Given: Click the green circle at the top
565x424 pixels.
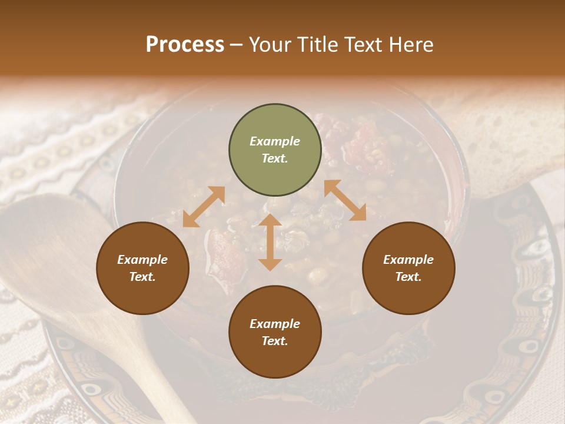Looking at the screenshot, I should [x=275, y=150].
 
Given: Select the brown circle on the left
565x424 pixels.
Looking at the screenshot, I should [x=142, y=269].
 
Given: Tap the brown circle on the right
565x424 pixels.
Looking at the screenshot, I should [x=408, y=269].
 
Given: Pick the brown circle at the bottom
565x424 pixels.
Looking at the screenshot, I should [x=275, y=332].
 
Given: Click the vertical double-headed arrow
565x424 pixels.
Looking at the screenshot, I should [x=270, y=242].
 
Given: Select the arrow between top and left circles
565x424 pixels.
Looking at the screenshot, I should [x=204, y=207].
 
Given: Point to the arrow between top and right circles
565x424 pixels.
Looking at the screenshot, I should [x=345, y=200].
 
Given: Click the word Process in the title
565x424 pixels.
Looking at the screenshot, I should [x=185, y=45].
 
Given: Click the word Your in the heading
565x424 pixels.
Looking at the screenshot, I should [x=270, y=45].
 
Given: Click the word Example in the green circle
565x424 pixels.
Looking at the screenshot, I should [x=275, y=141].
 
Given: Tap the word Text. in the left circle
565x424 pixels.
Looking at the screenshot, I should [x=142, y=277].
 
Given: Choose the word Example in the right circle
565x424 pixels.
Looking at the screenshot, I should [x=408, y=260].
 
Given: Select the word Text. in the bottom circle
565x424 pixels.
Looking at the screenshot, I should [x=275, y=341].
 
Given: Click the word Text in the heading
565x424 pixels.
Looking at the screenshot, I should [x=363, y=45].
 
